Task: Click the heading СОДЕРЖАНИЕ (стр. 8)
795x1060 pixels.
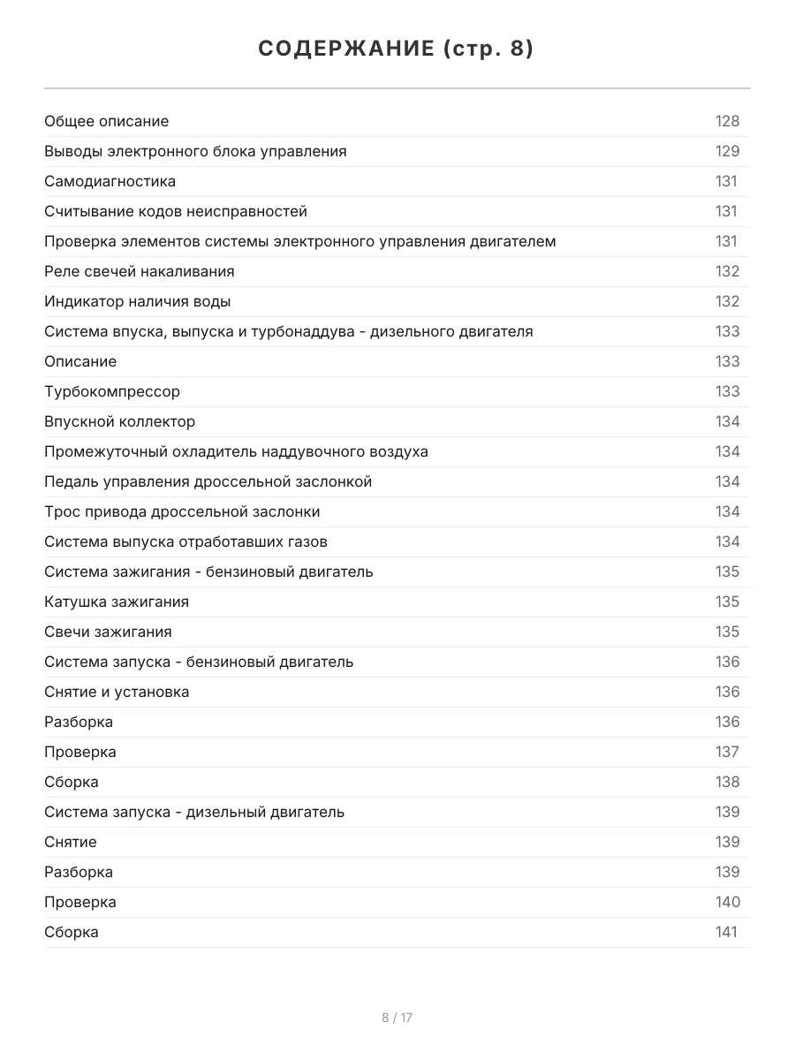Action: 397,49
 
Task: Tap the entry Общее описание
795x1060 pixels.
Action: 107,121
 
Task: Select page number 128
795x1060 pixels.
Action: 727,121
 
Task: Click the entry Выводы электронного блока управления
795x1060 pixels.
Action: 195,151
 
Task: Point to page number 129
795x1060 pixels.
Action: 727,151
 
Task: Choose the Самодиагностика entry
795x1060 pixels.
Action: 110,181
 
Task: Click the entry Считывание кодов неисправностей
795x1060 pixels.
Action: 176,211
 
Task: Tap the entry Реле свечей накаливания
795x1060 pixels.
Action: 140,271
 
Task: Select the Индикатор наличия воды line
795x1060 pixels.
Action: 138,301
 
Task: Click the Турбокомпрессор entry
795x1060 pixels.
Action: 112,391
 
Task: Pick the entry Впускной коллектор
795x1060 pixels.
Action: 120,421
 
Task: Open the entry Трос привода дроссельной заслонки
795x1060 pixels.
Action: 182,511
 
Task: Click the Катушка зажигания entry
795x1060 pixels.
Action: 117,602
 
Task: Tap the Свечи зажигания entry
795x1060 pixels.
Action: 108,632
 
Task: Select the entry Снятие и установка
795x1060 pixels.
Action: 117,692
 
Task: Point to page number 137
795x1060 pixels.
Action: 727,752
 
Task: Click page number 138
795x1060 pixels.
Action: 727,782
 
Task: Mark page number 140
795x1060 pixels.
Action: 727,902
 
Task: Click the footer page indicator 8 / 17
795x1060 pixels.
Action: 397,1018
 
